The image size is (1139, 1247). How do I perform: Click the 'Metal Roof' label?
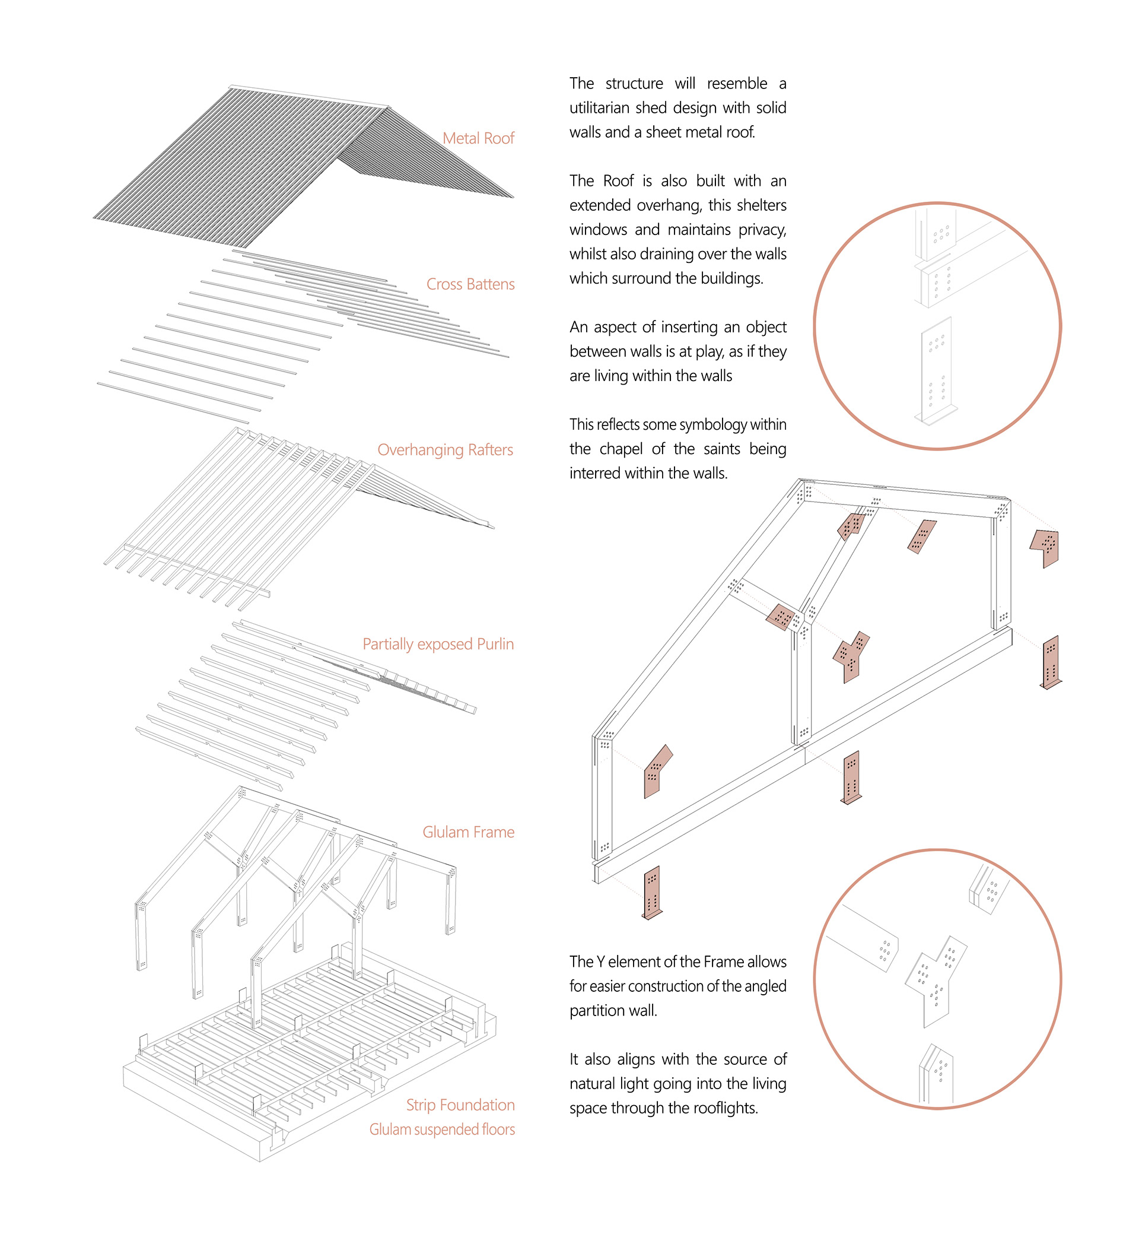pyautogui.click(x=478, y=138)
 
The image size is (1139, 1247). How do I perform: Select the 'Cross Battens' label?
pyautogui.click(x=470, y=284)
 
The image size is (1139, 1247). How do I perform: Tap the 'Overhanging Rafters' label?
pyautogui.click(x=445, y=450)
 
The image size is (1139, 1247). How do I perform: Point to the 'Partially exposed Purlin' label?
pyautogui.click(x=438, y=644)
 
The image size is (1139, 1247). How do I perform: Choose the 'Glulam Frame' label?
pyautogui.click(x=468, y=832)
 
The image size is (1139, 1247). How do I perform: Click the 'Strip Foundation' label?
pyautogui.click(x=460, y=1105)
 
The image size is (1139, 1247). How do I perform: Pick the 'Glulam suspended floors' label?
pyautogui.click(x=441, y=1129)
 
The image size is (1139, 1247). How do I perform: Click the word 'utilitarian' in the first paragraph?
pyautogui.click(x=600, y=107)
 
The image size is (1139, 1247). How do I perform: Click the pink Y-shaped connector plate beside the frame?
pyautogui.click(x=851, y=656)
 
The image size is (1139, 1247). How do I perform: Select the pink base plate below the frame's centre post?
pyautogui.click(x=851, y=776)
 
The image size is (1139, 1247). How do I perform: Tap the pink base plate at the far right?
pyautogui.click(x=1051, y=662)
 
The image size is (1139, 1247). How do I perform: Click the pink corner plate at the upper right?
pyautogui.click(x=1046, y=547)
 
